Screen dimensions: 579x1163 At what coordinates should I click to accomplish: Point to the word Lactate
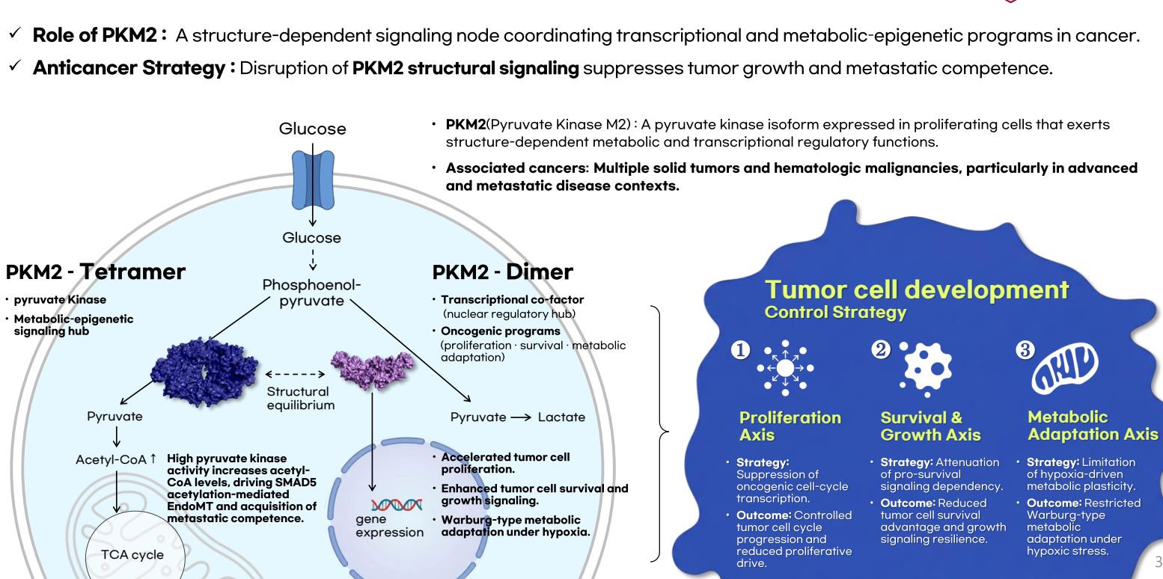pos(561,417)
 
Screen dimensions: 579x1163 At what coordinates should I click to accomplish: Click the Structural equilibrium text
pos(299,398)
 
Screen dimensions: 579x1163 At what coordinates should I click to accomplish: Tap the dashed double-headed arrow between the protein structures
pos(299,374)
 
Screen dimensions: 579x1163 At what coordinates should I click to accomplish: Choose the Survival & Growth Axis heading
pos(931,426)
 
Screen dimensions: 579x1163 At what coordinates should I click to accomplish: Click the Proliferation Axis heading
pos(779,426)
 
